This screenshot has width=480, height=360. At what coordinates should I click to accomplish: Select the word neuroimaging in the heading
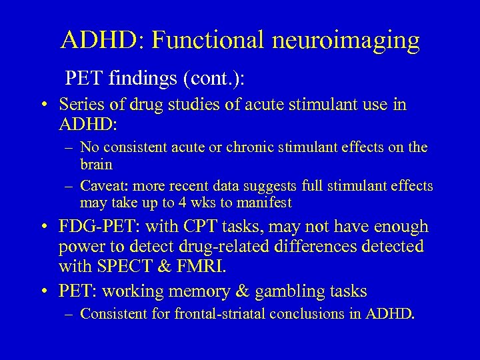tap(346, 41)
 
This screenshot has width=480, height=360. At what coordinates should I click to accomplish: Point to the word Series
tap(81, 105)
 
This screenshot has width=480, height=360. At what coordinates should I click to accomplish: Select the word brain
tap(96, 163)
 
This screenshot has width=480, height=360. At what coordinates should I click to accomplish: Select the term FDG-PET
tap(96, 227)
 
